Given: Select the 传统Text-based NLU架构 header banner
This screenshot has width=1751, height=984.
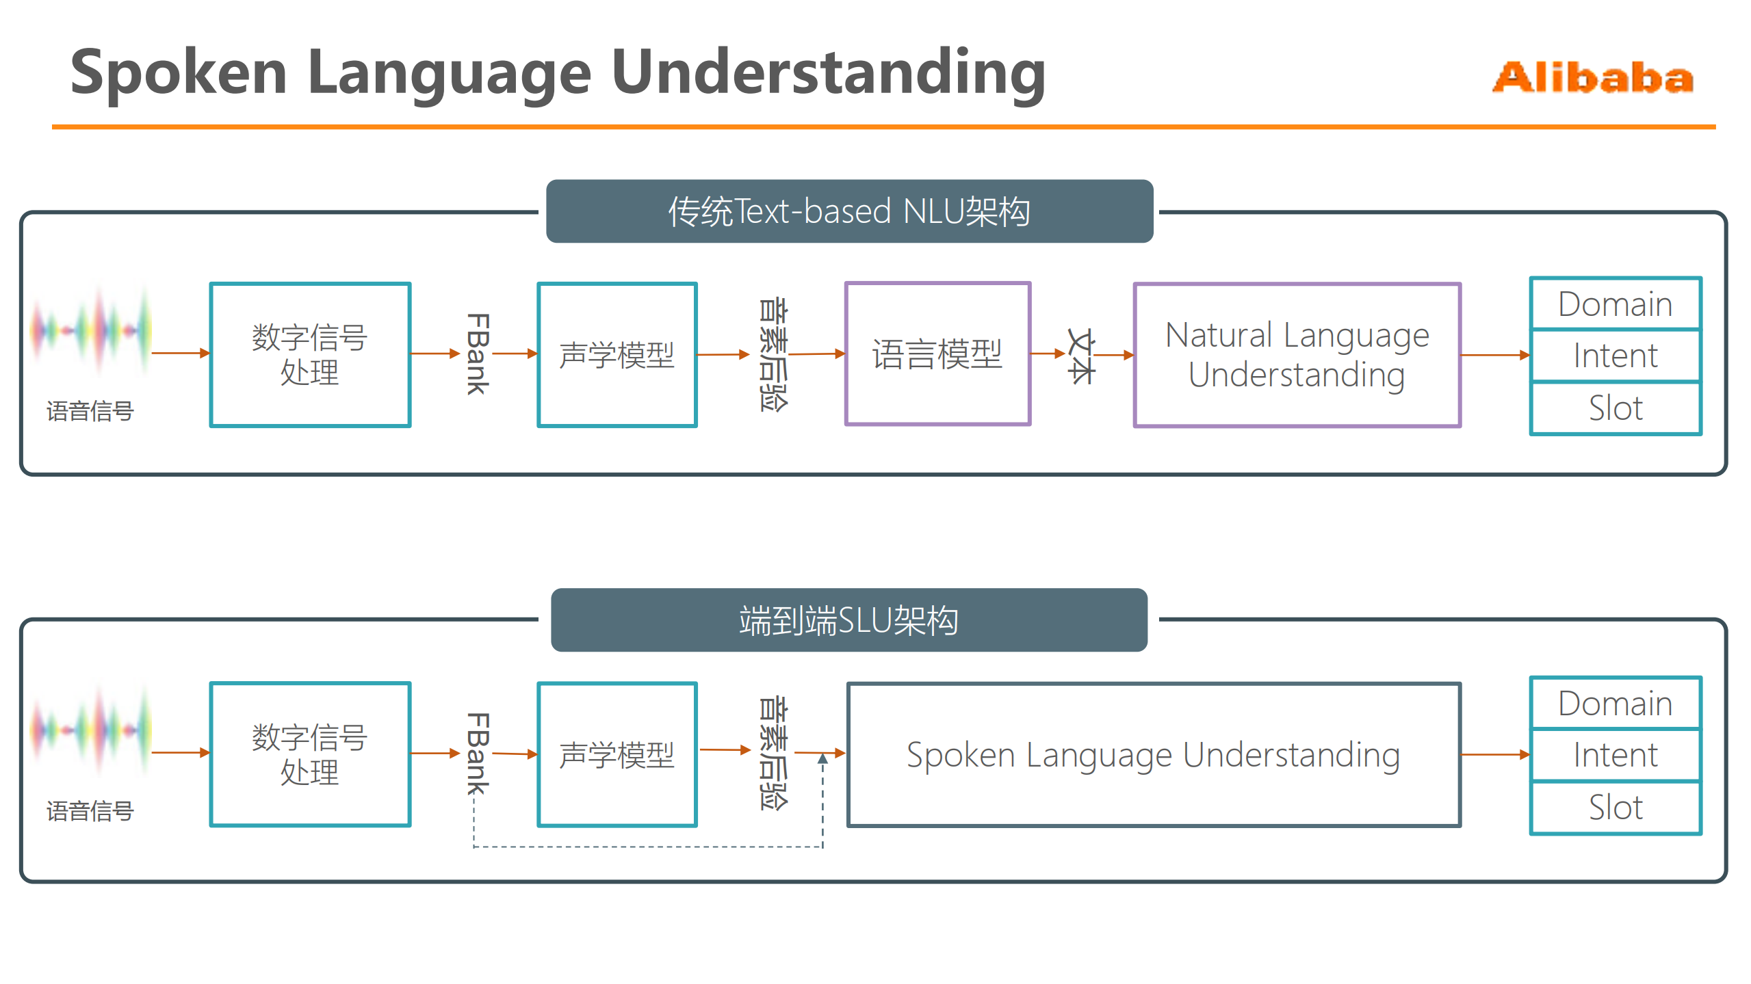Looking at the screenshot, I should click(849, 211).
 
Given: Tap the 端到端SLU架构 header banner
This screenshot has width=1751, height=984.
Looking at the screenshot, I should click(848, 620).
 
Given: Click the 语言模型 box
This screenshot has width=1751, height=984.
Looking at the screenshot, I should click(937, 354).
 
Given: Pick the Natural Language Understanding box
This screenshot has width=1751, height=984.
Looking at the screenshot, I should click(1297, 355).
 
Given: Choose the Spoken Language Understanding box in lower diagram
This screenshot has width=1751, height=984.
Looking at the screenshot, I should click(1154, 754).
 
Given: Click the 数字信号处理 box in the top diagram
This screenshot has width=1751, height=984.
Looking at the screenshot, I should click(310, 355).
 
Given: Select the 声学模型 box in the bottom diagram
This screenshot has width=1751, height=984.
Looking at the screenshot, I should click(617, 754).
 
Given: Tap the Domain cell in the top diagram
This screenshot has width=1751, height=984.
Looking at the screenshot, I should click(1615, 304).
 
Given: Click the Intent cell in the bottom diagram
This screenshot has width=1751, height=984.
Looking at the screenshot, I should click(1615, 755).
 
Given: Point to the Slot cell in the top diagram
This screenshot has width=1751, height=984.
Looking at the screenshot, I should click(1615, 408).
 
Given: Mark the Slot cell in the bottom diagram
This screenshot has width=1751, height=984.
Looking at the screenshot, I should click(1615, 808).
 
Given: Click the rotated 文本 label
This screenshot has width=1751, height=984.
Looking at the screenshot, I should click(1081, 356).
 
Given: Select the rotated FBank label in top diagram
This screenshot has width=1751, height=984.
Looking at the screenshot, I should click(477, 354).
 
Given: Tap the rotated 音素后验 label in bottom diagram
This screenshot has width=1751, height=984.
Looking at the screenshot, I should click(773, 753).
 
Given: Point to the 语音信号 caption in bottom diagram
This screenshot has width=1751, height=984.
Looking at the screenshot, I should click(90, 811).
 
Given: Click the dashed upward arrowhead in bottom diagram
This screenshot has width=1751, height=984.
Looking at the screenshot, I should click(822, 758).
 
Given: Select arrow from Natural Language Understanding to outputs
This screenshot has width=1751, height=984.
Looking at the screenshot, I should click(1494, 355).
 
